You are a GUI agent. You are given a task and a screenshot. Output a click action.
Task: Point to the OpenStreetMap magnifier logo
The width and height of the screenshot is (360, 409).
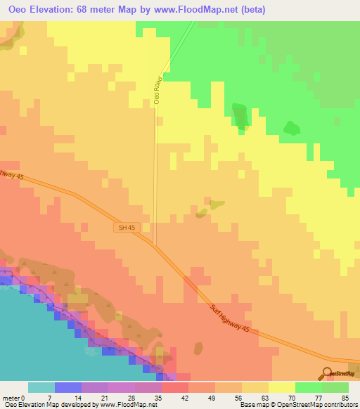[x=326, y=373]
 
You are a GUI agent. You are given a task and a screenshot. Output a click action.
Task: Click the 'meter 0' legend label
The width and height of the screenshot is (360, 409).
[x=14, y=398]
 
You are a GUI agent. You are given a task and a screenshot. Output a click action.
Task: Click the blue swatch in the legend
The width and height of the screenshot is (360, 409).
[x=68, y=387]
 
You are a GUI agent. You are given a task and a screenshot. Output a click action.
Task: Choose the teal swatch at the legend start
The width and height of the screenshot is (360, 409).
[x=41, y=387]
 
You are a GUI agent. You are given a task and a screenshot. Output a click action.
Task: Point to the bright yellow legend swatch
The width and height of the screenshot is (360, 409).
[x=282, y=387]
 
